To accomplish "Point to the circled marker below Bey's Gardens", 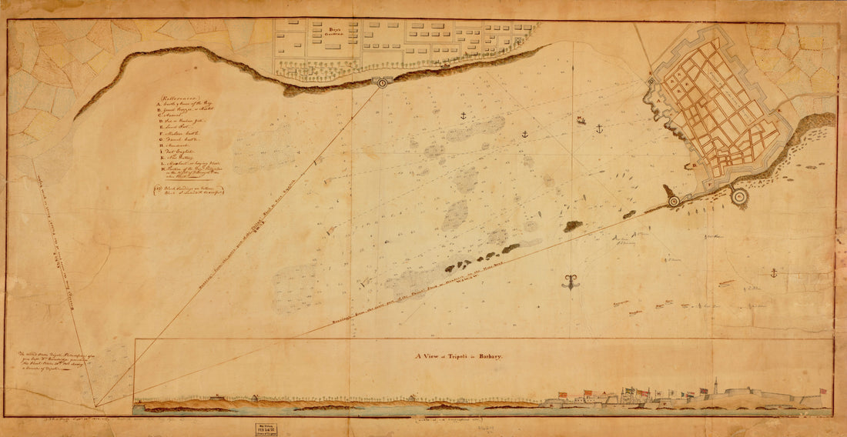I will tap(383, 81).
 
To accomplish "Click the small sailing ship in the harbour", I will tap(581, 120).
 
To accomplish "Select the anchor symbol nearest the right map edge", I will tap(772, 272).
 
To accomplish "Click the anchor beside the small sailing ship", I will tap(598, 128).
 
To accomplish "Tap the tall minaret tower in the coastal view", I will tap(715, 385).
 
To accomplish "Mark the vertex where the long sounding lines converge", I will tap(96, 406).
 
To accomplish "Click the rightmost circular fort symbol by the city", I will tap(740, 198).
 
